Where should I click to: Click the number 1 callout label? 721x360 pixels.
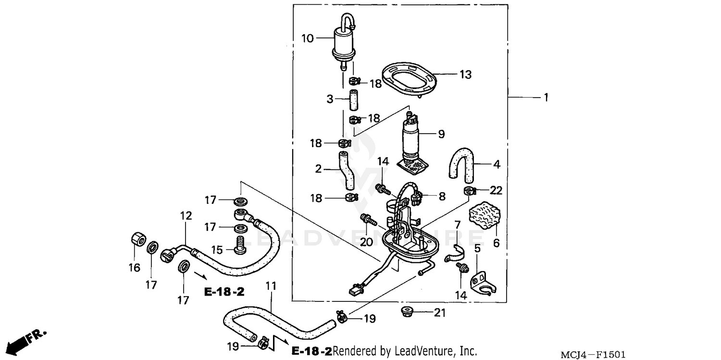point(545,98)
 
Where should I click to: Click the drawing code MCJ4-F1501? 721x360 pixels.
point(593,355)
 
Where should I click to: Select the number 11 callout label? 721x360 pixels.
point(271,286)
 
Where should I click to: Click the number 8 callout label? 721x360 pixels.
point(442,196)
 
